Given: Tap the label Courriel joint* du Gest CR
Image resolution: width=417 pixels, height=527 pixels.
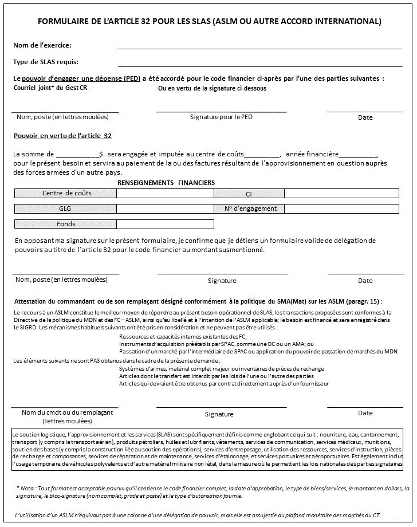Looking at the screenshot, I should tap(50, 88).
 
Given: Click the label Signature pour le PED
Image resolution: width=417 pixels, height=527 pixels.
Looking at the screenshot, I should tap(221, 117).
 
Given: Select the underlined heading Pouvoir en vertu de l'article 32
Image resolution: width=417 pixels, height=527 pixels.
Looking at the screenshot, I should tap(62, 136).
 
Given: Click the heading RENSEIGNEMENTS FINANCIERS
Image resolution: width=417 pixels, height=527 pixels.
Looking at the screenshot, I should tap(166, 182).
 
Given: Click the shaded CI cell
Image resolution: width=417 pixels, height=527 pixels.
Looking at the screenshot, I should tap(249, 194).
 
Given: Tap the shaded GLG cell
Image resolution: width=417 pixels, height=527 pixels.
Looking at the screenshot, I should tap(65, 209).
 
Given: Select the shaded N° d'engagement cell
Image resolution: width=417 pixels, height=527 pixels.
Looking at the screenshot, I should tap(250, 209).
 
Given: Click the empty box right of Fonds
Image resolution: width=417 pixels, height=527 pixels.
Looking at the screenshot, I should tap(165, 224).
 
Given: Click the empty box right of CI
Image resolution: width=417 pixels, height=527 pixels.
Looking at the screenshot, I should tap(341, 194).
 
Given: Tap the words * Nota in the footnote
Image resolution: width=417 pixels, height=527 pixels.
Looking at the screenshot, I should tap(26, 488).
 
